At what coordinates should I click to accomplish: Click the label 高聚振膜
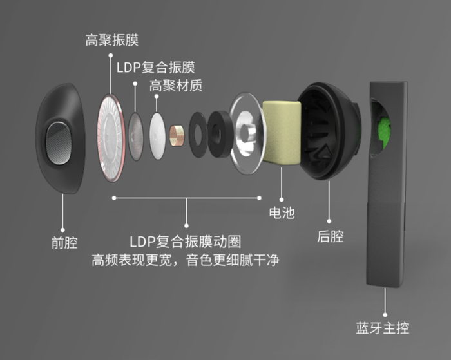(111, 40)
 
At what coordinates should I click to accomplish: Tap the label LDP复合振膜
(156, 66)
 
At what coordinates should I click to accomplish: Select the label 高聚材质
(176, 86)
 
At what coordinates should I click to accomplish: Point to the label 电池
(282, 212)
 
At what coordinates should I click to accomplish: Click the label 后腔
(331, 236)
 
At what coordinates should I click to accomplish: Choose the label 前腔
(64, 243)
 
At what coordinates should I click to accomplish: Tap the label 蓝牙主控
(383, 328)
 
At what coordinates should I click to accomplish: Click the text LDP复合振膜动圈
(186, 242)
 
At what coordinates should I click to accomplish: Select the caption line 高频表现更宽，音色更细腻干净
(185, 261)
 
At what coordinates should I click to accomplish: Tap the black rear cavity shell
(329, 129)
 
